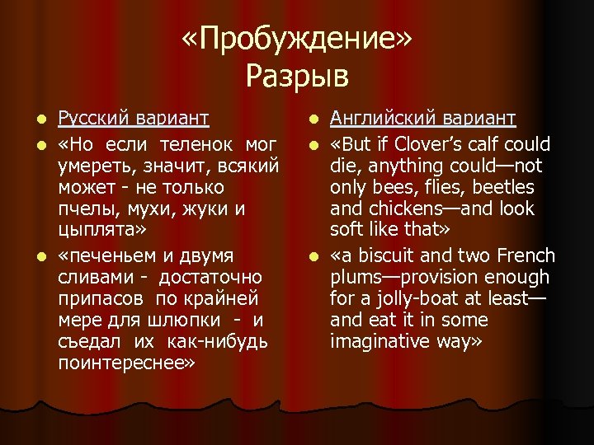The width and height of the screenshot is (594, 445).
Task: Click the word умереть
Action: click(x=92, y=167)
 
